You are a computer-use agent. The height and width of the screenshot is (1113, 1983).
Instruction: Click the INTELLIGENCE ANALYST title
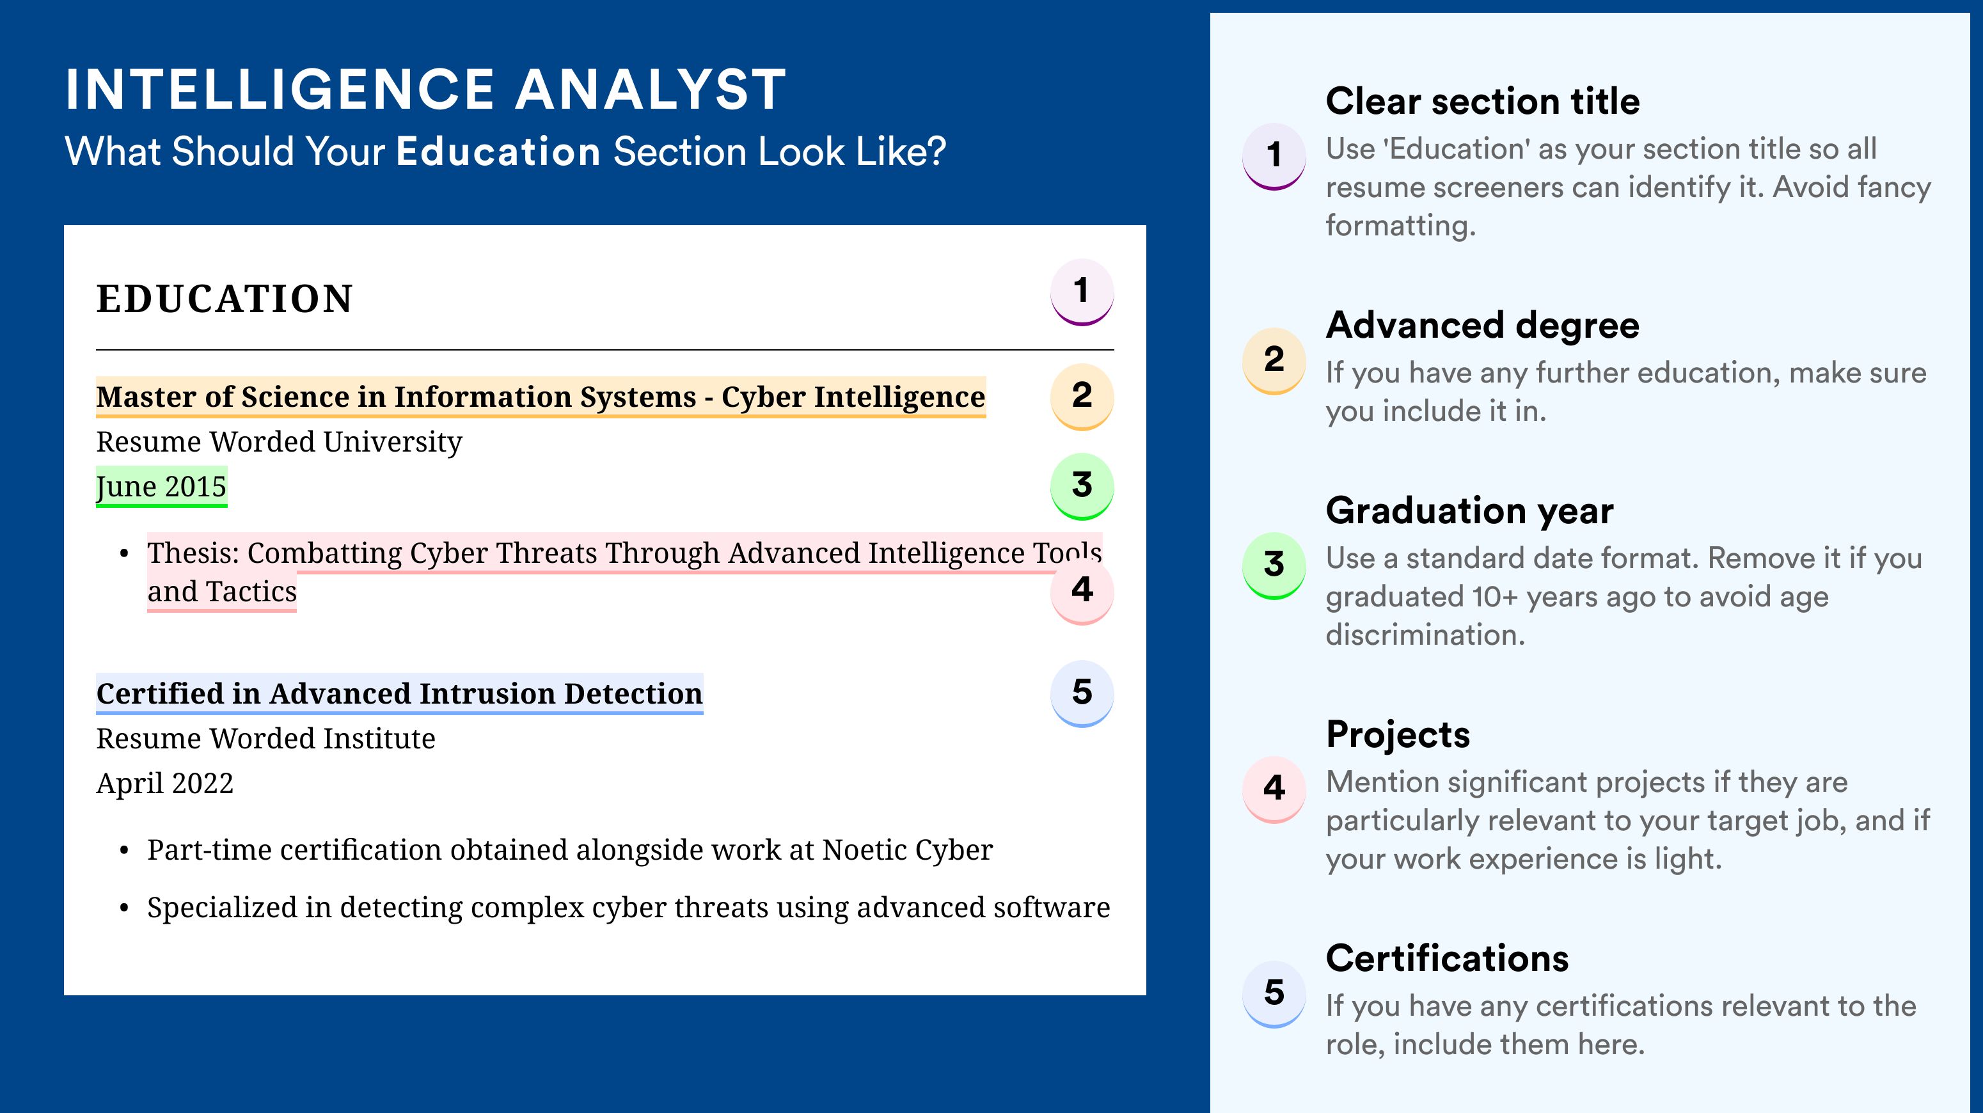(425, 90)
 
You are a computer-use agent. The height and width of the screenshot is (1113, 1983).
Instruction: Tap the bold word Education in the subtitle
(498, 151)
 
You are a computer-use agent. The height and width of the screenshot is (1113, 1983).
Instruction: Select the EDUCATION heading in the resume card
(224, 299)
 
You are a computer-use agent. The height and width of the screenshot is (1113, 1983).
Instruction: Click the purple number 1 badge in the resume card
(1082, 292)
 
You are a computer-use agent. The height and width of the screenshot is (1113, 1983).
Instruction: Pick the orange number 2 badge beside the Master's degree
(1082, 396)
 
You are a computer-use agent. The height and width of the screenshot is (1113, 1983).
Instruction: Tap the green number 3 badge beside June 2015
(1082, 485)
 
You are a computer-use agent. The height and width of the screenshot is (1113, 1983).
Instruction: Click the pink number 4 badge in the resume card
(1082, 590)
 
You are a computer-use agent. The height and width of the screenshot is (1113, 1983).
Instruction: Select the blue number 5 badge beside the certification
(1082, 693)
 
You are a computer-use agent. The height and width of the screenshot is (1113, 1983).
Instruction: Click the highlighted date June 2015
(161, 486)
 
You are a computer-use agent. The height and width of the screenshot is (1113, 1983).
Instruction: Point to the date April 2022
(165, 783)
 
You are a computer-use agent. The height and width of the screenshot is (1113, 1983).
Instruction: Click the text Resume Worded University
(279, 442)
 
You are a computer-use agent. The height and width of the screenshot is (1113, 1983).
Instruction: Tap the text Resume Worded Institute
(265, 738)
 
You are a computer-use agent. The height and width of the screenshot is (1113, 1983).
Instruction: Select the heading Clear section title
(1483, 101)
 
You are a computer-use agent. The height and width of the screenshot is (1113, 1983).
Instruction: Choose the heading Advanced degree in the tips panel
(1483, 325)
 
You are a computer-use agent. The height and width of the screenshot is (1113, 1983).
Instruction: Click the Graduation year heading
(1469, 510)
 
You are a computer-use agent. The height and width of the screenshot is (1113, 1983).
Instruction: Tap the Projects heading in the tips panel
(1398, 734)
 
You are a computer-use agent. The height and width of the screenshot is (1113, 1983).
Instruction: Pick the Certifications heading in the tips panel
(1447, 958)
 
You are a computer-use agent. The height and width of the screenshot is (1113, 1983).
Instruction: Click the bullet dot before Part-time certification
(124, 851)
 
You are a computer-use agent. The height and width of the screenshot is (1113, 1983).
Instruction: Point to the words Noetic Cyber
(908, 849)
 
